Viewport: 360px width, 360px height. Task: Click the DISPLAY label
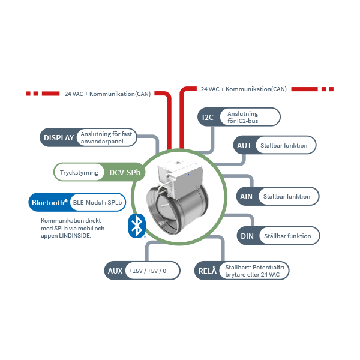(x=59, y=137)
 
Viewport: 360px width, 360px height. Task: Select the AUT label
(x=244, y=145)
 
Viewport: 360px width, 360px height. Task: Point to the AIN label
(x=246, y=196)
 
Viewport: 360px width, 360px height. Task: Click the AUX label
(x=115, y=271)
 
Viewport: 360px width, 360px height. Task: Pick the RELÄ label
(x=207, y=271)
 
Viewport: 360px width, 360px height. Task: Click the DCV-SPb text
(x=125, y=173)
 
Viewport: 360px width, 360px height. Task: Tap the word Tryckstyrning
(x=79, y=173)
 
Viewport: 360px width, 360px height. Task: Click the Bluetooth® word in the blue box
(x=49, y=202)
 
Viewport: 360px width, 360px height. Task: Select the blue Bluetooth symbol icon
(x=137, y=226)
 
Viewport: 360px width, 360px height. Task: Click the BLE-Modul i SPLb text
(x=95, y=202)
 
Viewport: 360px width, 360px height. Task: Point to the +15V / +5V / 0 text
(x=147, y=271)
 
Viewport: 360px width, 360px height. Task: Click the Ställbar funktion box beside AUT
(x=284, y=145)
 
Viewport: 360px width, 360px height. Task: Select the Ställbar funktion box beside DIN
(x=287, y=236)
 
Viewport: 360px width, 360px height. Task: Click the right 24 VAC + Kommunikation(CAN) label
(x=243, y=89)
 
